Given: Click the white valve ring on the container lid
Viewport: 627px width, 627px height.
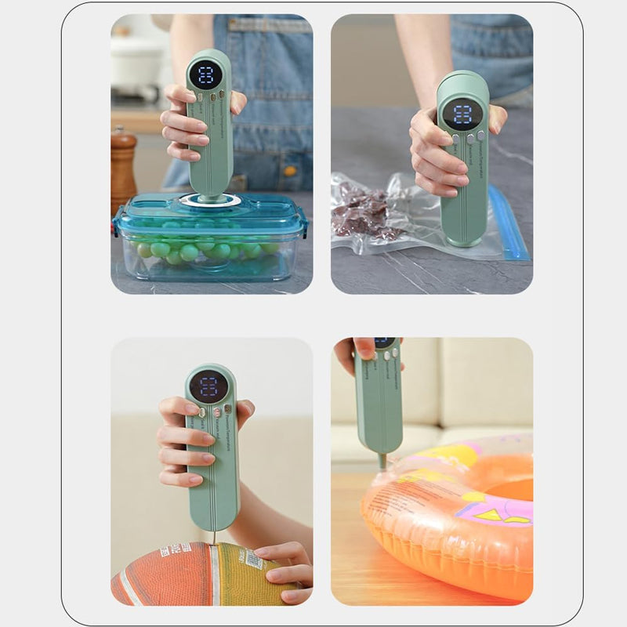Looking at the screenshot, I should pyautogui.click(x=209, y=201).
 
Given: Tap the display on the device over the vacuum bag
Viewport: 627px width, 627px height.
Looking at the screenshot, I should pyautogui.click(x=462, y=113).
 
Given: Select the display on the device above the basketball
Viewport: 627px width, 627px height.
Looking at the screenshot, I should pyautogui.click(x=208, y=386).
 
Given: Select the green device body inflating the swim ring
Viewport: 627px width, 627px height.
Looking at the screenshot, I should pyautogui.click(x=379, y=400).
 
